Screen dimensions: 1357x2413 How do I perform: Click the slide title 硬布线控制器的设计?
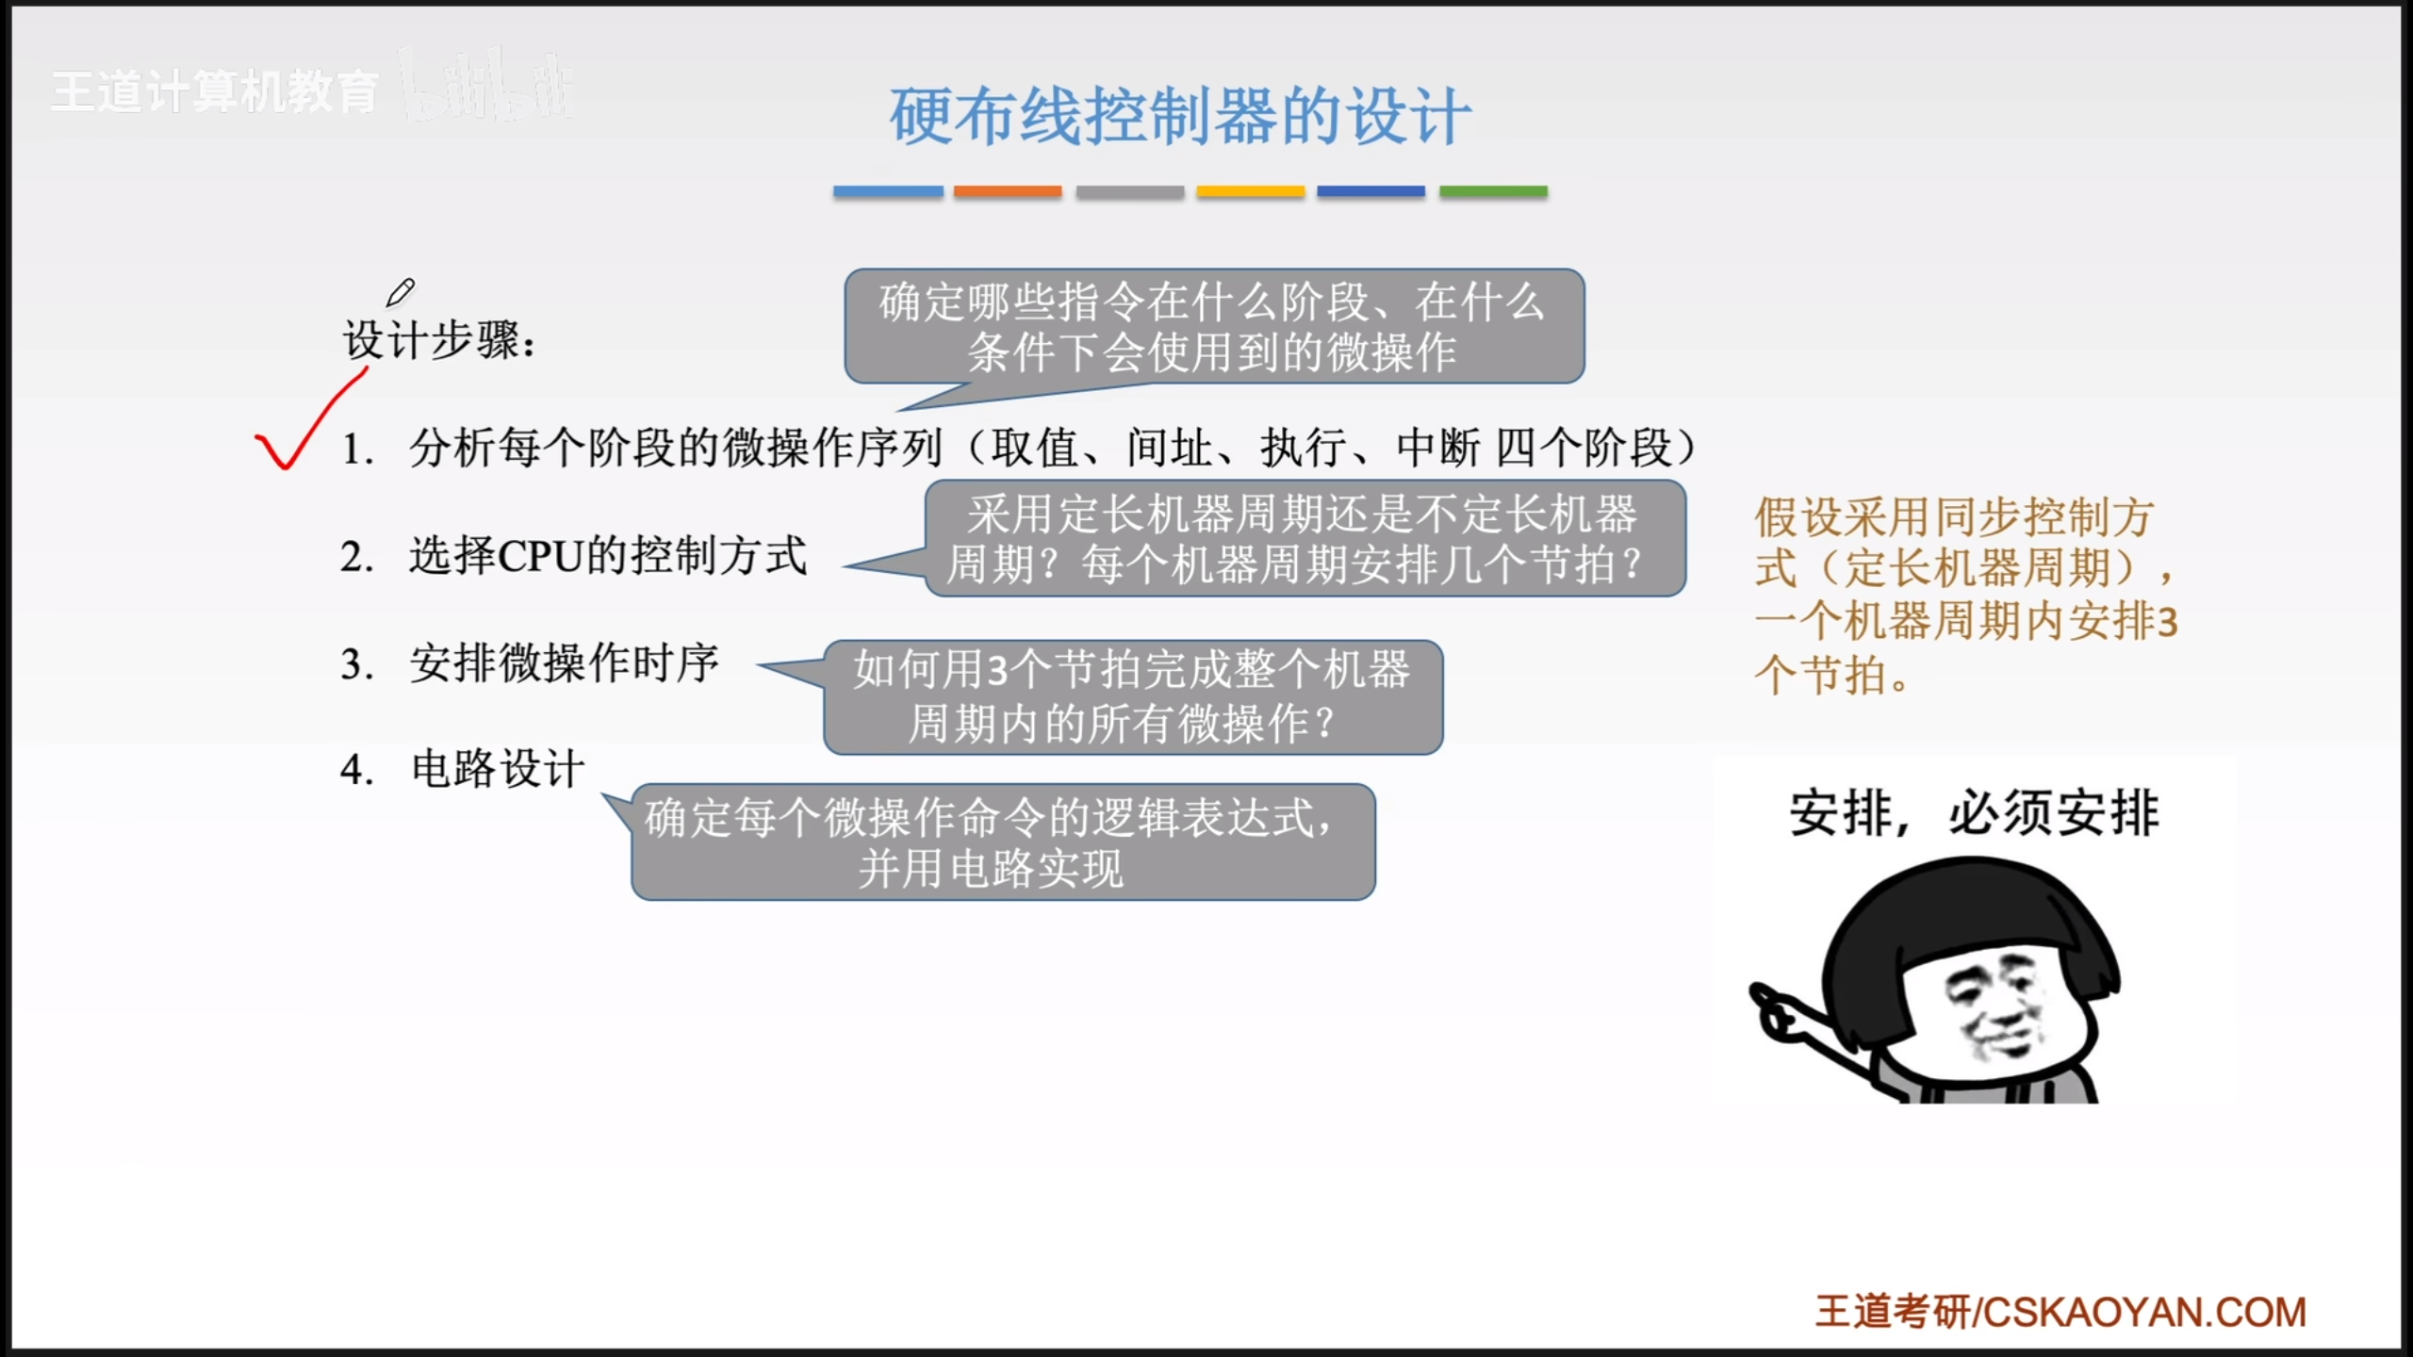(1180, 117)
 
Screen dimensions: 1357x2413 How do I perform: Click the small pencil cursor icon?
(401, 292)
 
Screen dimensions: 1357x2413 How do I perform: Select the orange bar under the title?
(1008, 191)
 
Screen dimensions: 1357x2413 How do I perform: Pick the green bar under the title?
(1493, 191)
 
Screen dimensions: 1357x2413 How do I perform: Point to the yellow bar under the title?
(1251, 191)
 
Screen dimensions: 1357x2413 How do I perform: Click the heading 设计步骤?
(438, 340)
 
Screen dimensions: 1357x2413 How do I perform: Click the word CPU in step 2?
(540, 557)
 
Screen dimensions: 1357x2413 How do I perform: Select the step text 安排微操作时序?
(564, 663)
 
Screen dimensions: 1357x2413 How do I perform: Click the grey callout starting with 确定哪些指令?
(1214, 326)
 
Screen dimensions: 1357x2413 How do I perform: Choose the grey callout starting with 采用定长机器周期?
(1305, 539)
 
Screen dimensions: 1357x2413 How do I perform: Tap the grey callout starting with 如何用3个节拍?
(1133, 697)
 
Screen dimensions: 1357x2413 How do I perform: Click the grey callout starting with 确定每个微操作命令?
(1003, 842)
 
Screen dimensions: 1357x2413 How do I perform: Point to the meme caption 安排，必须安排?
(1974, 812)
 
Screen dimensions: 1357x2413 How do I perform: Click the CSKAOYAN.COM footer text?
(2144, 1313)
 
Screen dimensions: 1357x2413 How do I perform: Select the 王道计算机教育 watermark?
(215, 92)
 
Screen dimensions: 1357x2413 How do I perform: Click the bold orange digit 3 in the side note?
(2167, 622)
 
